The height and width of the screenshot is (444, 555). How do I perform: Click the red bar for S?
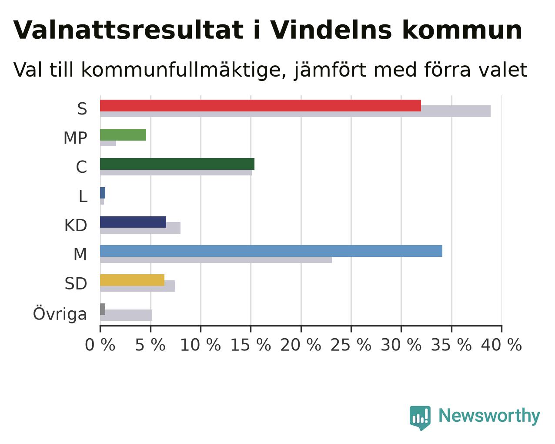[x=261, y=106]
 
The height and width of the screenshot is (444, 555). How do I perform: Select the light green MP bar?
[x=123, y=135]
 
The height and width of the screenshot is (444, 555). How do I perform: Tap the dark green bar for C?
[x=177, y=164]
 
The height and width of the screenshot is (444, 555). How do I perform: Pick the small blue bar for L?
[x=103, y=193]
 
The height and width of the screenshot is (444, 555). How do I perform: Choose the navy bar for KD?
[x=133, y=222]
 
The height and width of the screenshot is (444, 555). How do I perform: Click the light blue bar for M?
[x=271, y=251]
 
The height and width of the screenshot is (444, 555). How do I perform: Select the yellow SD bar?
[x=132, y=280]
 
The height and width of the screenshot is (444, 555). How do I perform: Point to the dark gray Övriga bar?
[x=103, y=309]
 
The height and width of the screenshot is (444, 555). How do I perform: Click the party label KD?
[x=76, y=225]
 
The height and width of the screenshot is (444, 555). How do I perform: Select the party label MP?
[x=75, y=138]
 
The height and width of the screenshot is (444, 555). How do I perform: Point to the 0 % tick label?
[x=100, y=345]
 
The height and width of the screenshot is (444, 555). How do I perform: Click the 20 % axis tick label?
[x=301, y=345]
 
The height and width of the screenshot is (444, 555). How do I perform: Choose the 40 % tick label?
[x=502, y=345]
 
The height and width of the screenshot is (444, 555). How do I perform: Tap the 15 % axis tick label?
[x=251, y=345]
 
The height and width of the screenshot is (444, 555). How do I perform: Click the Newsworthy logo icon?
[x=420, y=418]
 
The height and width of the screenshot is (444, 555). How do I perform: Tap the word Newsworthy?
[x=489, y=416]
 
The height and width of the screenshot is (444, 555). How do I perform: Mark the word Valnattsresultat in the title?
[x=128, y=30]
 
